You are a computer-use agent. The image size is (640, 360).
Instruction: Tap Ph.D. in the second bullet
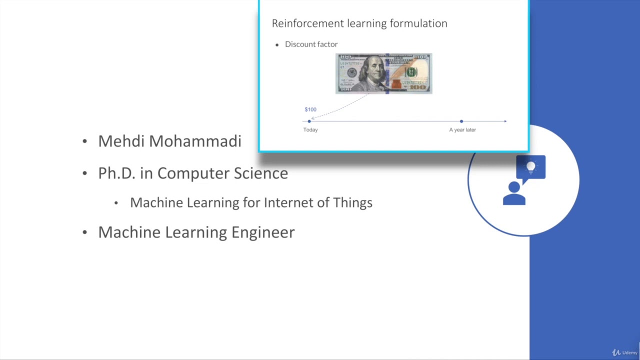pos(117,173)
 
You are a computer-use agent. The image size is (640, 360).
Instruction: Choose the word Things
pos(353,202)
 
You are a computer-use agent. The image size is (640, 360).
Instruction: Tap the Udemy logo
pos(625,352)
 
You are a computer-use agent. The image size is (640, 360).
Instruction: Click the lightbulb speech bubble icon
pos(530,167)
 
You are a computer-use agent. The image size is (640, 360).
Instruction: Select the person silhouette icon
pos(514,193)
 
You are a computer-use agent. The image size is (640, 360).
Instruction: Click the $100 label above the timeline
pos(310,109)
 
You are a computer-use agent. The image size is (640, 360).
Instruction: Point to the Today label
pos(310,129)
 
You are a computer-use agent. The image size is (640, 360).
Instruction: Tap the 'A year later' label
pos(462,129)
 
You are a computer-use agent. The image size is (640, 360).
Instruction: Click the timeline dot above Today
pos(309,121)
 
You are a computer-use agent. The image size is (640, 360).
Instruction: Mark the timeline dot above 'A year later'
pos(461,121)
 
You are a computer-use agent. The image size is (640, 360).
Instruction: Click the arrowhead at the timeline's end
pos(505,121)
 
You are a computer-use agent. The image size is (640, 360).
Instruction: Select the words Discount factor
pos(311,44)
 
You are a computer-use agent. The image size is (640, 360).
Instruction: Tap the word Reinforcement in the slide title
pos(302,23)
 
